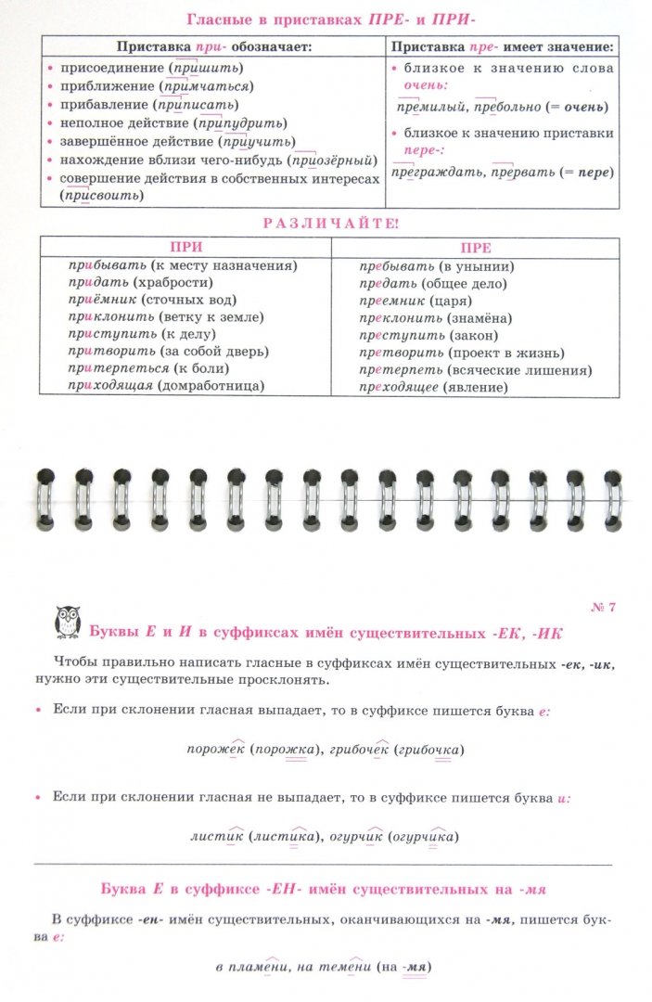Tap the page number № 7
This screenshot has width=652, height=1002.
click(603, 608)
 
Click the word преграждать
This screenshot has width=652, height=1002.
click(428, 173)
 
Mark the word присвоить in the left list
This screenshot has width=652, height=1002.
click(102, 197)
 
